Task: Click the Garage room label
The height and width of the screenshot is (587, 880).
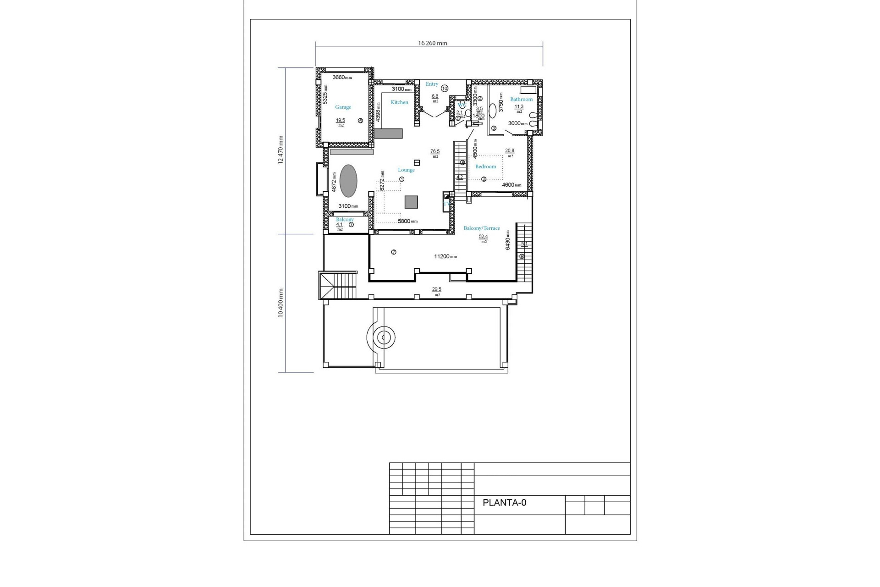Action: point(343,107)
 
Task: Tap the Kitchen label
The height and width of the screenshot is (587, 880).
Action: point(399,102)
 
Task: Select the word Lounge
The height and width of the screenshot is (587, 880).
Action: point(406,170)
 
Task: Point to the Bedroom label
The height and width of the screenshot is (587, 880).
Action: point(485,166)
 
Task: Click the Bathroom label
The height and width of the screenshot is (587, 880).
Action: point(521,99)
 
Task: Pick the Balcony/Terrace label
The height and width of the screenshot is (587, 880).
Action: point(482,228)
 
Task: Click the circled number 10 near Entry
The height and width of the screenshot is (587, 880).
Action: point(445,88)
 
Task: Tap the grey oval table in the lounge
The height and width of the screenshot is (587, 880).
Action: point(349,181)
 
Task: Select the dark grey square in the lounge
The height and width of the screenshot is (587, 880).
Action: point(411,202)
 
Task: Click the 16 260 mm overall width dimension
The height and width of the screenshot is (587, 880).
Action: point(432,43)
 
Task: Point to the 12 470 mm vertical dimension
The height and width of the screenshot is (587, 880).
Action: point(280,150)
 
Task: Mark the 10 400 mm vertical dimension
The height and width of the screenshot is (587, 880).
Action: point(280,303)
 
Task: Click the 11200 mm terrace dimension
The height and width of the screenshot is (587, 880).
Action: point(445,256)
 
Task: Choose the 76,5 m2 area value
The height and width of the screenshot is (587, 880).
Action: point(434,151)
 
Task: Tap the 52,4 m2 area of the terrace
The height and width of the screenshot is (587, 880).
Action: point(483,237)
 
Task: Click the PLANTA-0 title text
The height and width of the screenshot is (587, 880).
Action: point(504,503)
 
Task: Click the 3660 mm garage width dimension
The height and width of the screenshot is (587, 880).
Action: point(341,78)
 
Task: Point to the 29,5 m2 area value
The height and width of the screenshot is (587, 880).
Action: point(436,289)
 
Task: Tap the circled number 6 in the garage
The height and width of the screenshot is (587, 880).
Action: point(360,121)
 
